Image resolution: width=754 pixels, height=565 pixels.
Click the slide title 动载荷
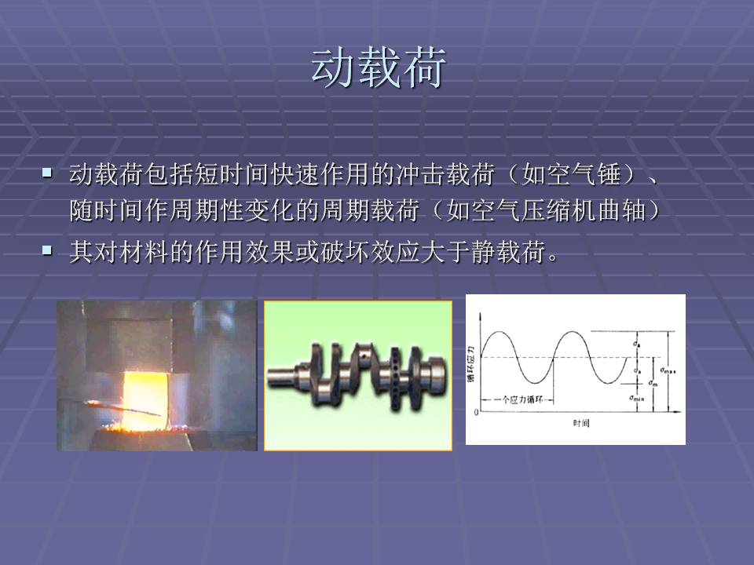(x=379, y=68)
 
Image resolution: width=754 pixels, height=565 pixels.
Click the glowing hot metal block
(x=145, y=385)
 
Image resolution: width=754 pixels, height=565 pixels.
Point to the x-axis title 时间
(x=580, y=424)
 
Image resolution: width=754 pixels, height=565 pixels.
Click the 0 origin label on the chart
(x=476, y=412)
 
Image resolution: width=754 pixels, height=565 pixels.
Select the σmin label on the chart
(x=637, y=399)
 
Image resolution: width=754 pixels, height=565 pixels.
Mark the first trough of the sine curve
(x=534, y=383)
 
